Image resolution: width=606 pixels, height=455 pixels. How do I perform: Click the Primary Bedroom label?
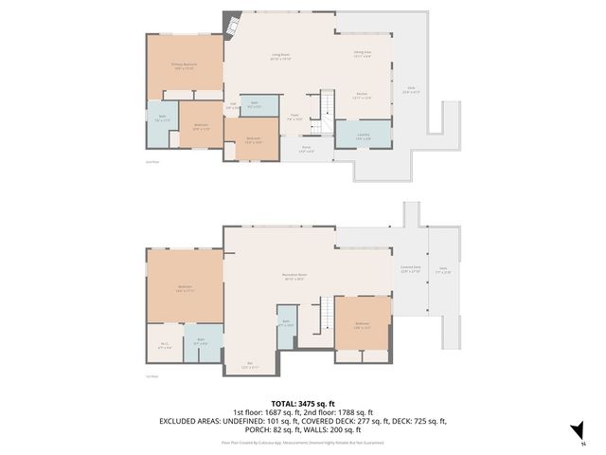[184, 66]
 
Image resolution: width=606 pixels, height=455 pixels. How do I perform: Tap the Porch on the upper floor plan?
[307, 149]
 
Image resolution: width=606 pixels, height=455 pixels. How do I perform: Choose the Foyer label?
[294, 118]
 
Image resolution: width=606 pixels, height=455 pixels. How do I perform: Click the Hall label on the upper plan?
[232, 106]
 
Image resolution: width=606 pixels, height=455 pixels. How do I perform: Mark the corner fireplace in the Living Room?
[229, 24]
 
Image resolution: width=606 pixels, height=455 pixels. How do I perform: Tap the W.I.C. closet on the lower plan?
[164, 346]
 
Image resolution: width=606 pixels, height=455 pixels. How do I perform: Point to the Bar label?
[250, 364]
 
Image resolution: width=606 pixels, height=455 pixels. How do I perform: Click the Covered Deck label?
[410, 271]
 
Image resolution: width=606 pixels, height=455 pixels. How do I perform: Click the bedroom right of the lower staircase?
[363, 325]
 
